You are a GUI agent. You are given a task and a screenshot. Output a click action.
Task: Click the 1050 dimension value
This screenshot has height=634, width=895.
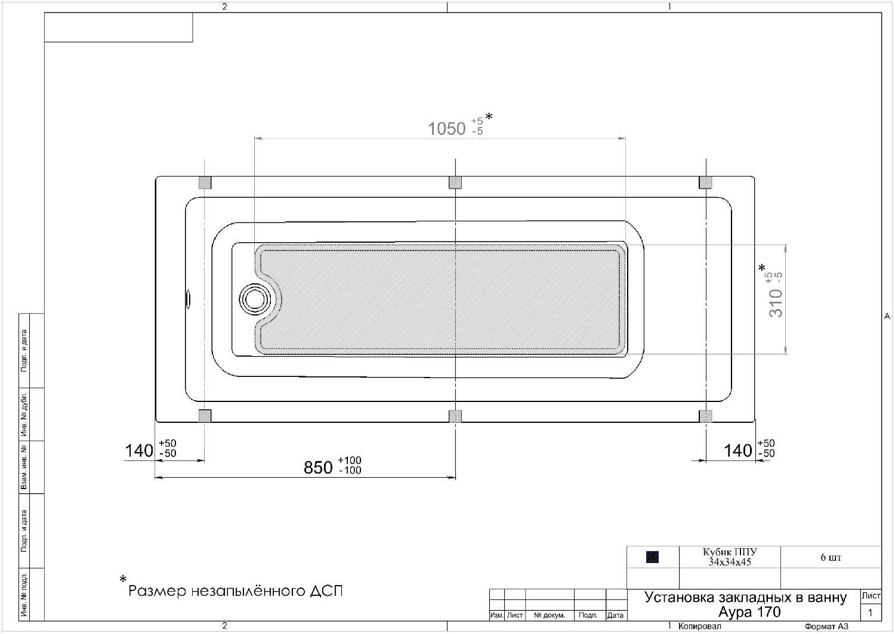pos(447,129)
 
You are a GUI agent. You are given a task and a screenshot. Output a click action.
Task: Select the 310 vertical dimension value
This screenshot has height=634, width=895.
pos(776,303)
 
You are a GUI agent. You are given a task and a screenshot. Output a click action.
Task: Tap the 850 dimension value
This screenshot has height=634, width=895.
pos(318,468)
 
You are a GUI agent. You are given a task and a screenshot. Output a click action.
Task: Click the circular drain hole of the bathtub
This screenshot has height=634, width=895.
pos(255,299)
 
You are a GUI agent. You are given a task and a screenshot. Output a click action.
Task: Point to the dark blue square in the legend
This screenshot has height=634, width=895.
pos(652,557)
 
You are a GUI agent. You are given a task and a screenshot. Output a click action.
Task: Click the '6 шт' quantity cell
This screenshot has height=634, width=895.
pos(831,557)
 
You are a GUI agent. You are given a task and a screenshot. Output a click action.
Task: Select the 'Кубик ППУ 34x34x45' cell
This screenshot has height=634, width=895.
pos(730,557)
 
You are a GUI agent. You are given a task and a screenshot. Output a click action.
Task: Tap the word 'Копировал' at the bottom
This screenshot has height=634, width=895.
pos(700,626)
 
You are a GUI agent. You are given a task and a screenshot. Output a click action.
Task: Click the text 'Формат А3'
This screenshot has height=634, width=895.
pos(826,626)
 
